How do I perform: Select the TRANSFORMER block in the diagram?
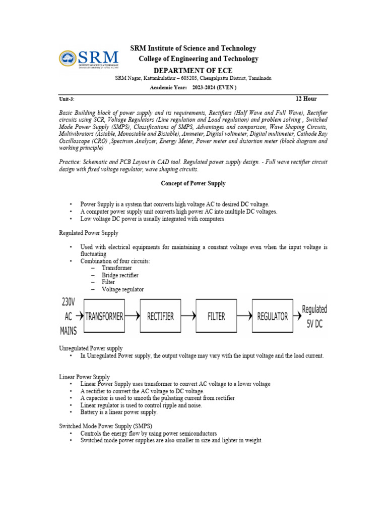104,316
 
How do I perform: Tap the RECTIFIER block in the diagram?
160,316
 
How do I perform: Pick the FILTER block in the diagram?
216,316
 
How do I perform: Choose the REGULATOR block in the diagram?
272,316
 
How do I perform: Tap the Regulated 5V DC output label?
314,317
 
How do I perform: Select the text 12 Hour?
306,98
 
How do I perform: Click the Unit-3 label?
67,99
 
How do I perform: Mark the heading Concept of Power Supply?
193,183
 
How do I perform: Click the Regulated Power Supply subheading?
89,233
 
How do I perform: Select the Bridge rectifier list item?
120,275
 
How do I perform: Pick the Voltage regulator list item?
122,289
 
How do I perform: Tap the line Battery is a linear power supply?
119,412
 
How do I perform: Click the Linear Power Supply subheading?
84,377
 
